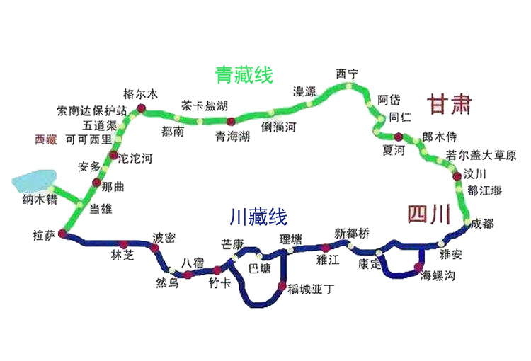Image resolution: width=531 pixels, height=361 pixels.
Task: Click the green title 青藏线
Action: click(x=244, y=75)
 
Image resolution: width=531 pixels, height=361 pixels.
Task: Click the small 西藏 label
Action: click(x=45, y=139)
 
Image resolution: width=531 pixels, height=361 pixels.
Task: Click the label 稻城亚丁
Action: click(x=311, y=288)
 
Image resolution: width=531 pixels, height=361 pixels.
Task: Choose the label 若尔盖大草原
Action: click(x=481, y=156)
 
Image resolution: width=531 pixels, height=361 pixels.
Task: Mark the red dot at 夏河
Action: click(x=399, y=137)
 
